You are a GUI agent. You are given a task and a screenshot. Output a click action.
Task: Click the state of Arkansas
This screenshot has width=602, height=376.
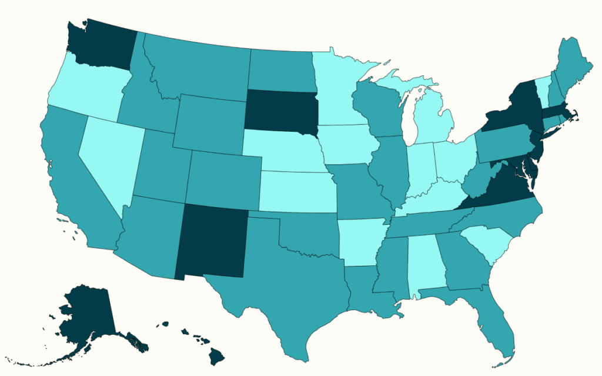pos(360,241)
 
